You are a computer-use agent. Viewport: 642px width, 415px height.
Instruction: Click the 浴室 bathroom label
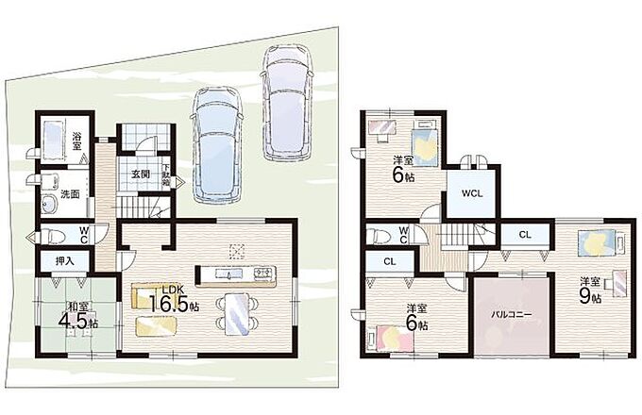[76, 141]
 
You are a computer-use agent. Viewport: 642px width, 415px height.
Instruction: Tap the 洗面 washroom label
[70, 194]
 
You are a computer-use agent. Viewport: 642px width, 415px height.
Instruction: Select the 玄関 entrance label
[141, 174]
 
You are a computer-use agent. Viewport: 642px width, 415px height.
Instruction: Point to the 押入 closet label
[65, 261]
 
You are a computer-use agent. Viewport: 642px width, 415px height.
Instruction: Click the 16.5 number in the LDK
[168, 303]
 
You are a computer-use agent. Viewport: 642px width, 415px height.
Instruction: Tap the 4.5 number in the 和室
[73, 322]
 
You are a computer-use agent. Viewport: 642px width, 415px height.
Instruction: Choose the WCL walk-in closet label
[472, 193]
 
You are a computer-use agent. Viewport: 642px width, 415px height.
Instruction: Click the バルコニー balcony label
[512, 315]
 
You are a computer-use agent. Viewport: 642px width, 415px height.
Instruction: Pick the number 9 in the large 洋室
[584, 296]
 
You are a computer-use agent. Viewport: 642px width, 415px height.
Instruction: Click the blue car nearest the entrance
[216, 145]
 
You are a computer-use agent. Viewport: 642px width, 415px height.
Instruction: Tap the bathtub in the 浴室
[53, 141]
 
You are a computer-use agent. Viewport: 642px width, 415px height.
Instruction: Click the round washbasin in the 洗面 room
[50, 204]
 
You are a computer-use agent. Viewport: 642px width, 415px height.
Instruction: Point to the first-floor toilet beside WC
[53, 237]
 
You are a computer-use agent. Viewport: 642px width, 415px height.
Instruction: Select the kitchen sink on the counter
[227, 274]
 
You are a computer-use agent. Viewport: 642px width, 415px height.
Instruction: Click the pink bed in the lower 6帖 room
[392, 339]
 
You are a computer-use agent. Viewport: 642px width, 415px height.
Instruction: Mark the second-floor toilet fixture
[378, 236]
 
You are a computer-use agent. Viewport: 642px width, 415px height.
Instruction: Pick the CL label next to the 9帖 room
[525, 235]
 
